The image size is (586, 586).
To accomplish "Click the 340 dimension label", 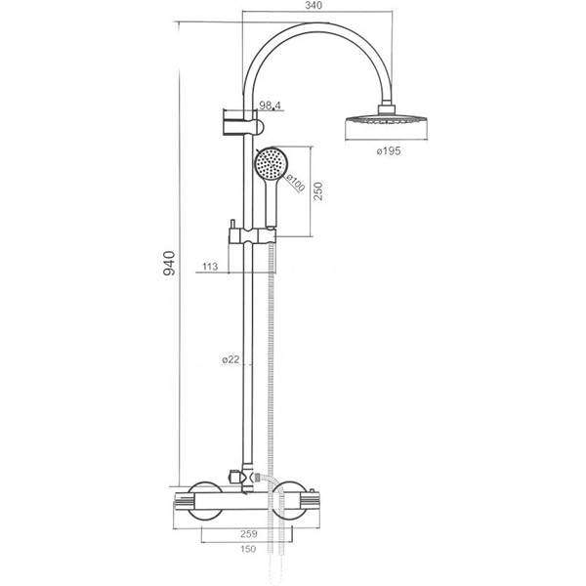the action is coord(314,6).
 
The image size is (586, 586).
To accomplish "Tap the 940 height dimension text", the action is coord(169,264).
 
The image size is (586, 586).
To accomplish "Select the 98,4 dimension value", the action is coord(270,105).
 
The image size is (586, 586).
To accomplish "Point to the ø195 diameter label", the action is coord(389,151).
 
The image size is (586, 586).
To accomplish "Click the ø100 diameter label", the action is coord(295,183).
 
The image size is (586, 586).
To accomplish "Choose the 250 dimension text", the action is coord(317,191).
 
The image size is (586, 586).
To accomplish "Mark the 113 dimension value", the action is coord(210,267).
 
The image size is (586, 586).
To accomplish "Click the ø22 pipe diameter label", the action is coord(230,359).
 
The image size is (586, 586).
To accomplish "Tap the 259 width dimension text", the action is coord(249,534).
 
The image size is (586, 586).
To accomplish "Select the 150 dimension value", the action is coord(248,549).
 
